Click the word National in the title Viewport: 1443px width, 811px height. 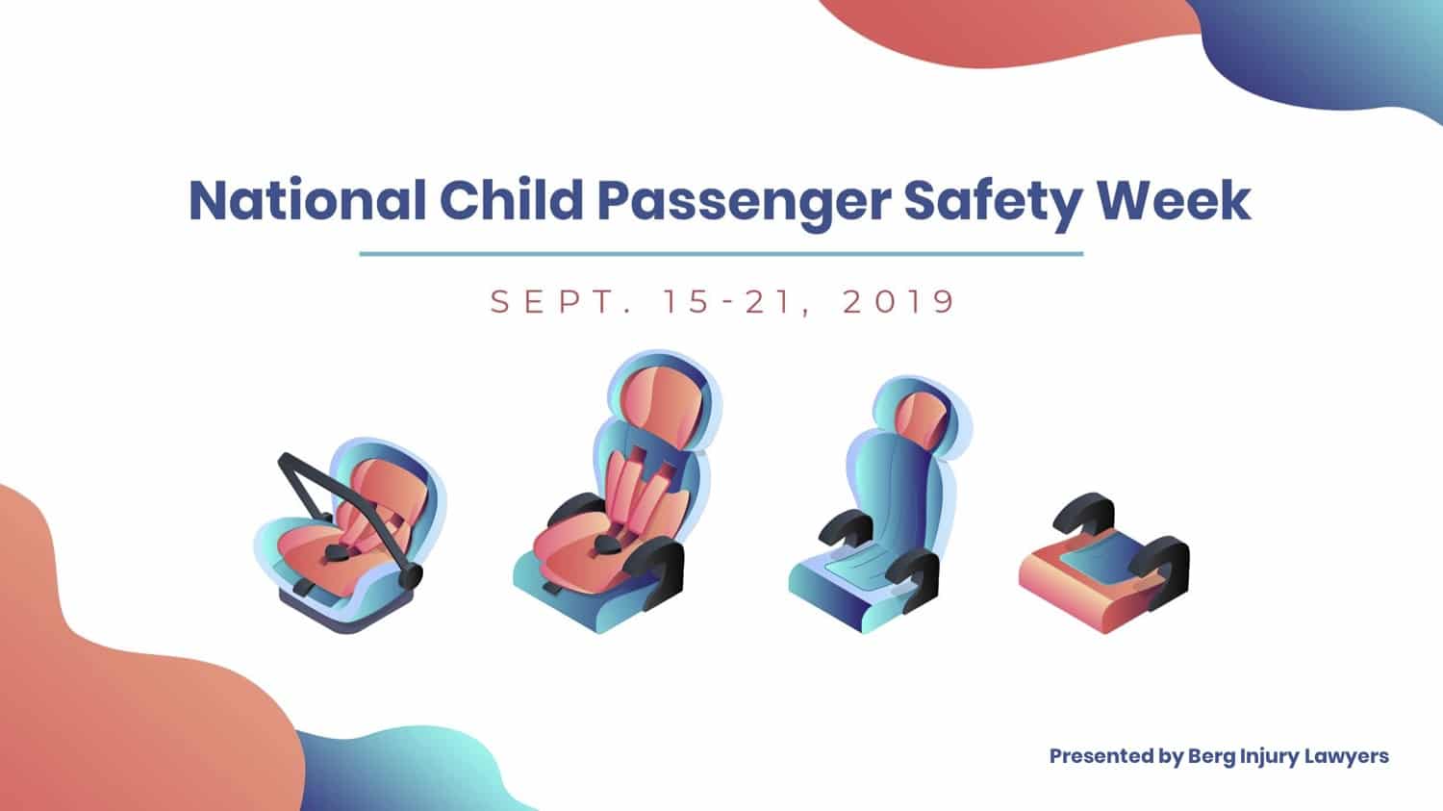[307, 200]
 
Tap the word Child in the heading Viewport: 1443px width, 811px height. [512, 200]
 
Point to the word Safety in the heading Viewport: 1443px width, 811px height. [993, 204]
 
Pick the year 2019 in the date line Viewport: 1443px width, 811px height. [899, 301]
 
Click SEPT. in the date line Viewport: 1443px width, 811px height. [560, 301]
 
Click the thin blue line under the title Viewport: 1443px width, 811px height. [721, 254]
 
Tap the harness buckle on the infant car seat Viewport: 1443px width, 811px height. [336, 552]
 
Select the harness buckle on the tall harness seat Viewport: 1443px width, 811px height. [607, 545]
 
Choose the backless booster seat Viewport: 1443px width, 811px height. [1104, 564]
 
